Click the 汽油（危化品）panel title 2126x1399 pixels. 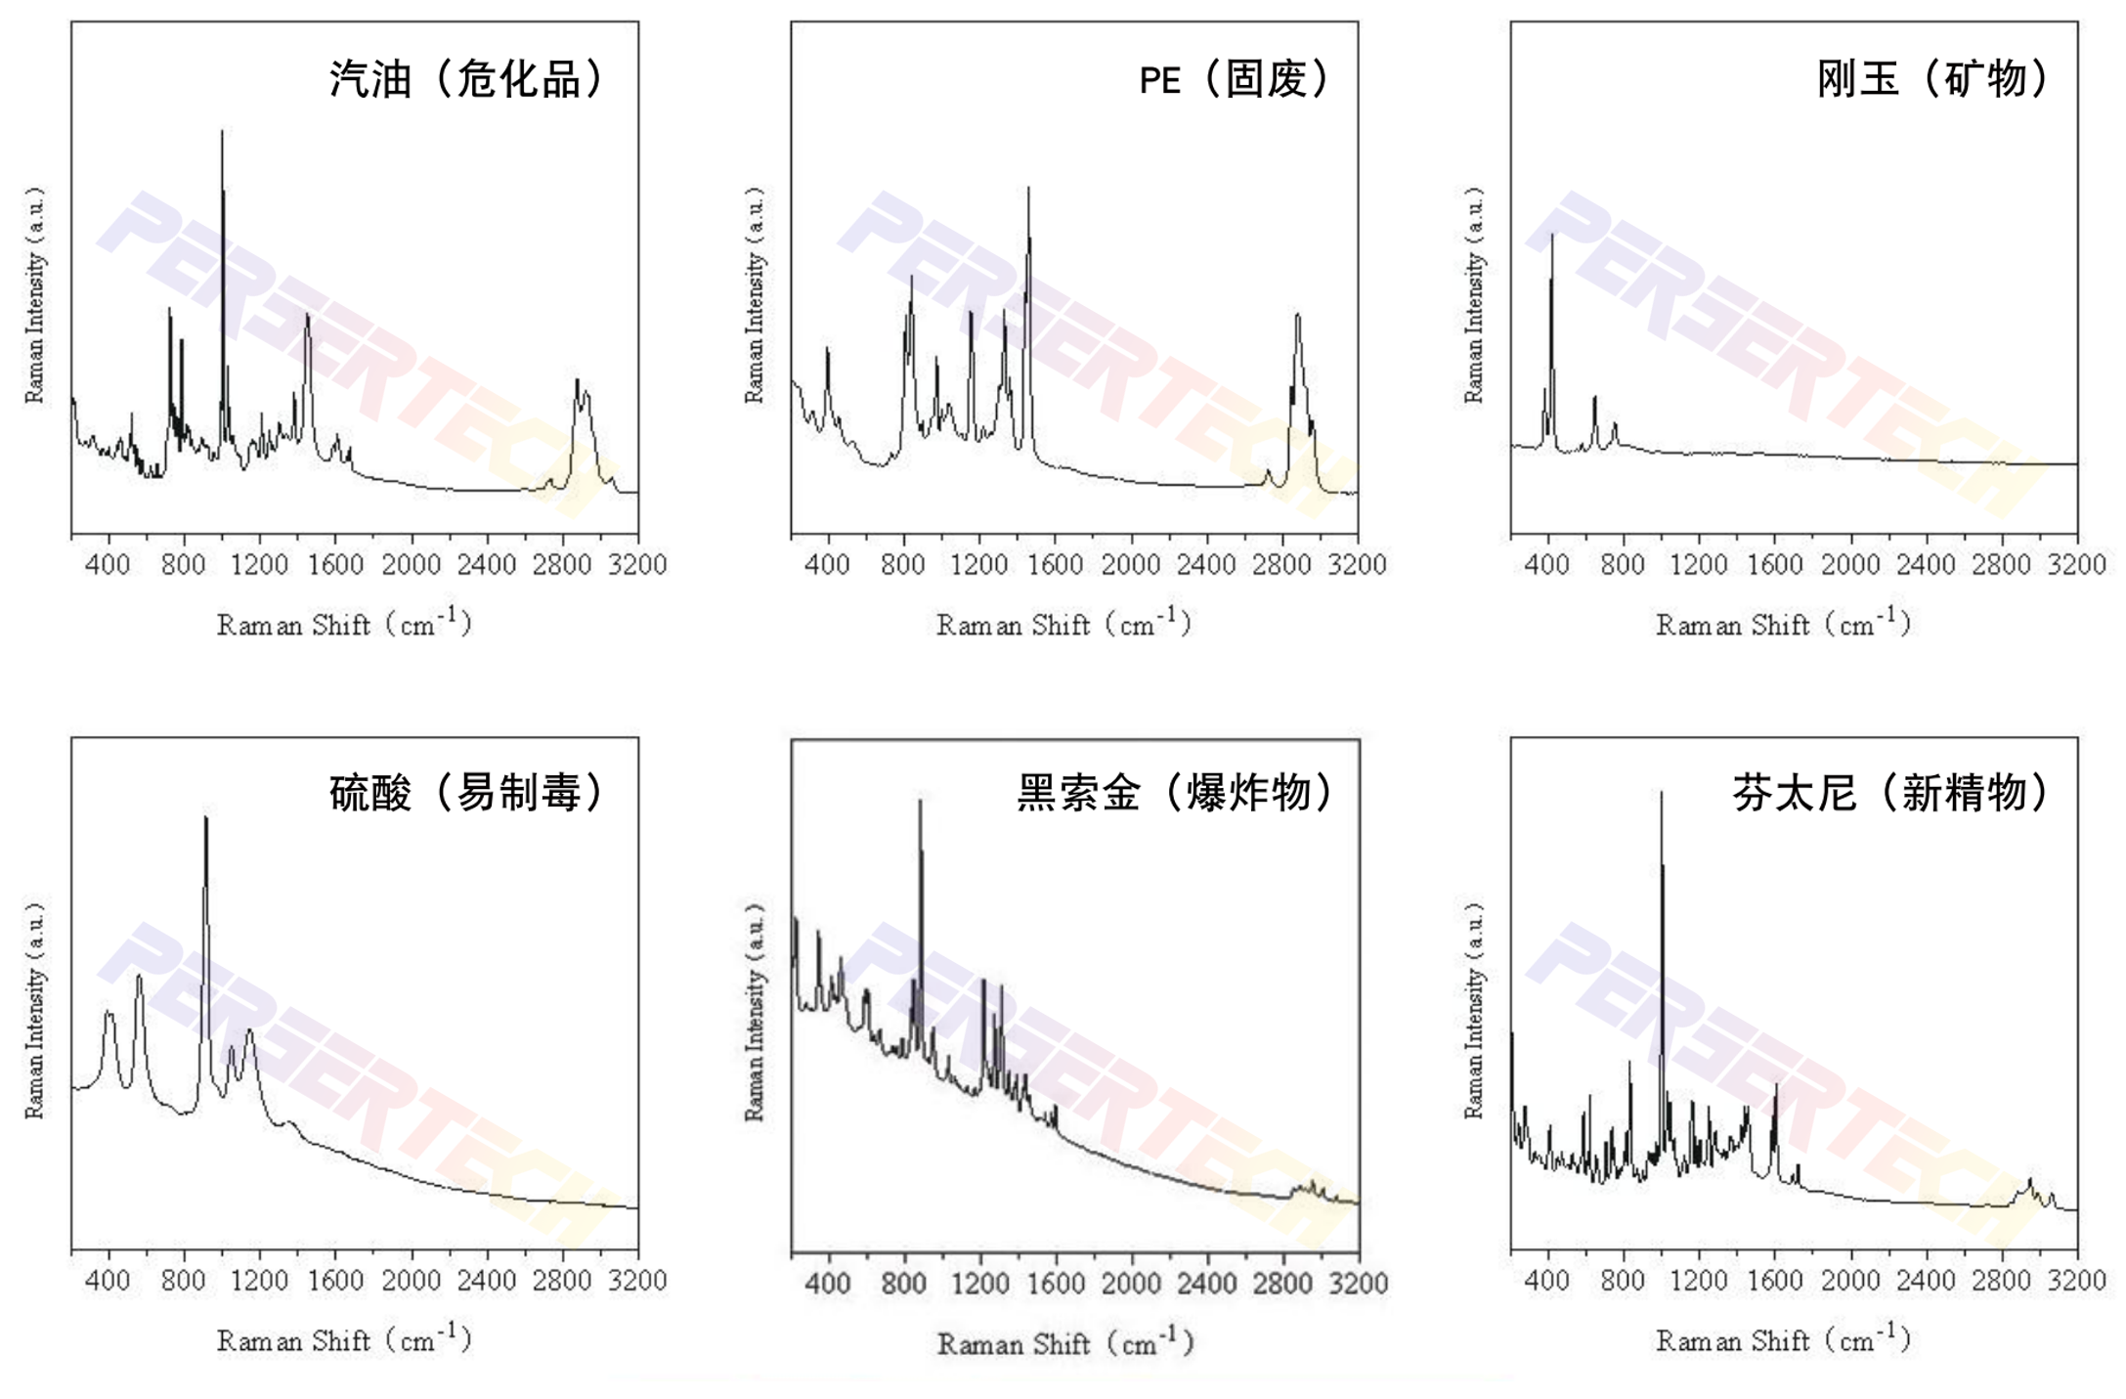tap(467, 79)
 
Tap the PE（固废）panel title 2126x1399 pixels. tap(1236, 79)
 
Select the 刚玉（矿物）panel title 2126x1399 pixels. tap(1933, 79)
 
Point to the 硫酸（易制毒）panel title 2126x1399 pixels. tap(467, 793)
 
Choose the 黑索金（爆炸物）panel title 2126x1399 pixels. tap(1176, 793)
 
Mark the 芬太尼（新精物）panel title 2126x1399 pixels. tap(1891, 793)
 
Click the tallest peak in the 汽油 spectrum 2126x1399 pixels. tap(222, 133)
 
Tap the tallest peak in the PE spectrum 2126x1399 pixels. tap(1028, 189)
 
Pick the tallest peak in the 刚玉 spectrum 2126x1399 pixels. tap(1552, 236)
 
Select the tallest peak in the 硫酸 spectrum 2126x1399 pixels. tap(205, 819)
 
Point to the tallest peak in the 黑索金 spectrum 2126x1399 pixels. tap(920, 802)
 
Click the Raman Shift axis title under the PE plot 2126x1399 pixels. tap(1063, 624)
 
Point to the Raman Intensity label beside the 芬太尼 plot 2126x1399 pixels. tap(1473, 1012)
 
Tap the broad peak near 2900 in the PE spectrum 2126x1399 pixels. tap(1298, 316)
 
